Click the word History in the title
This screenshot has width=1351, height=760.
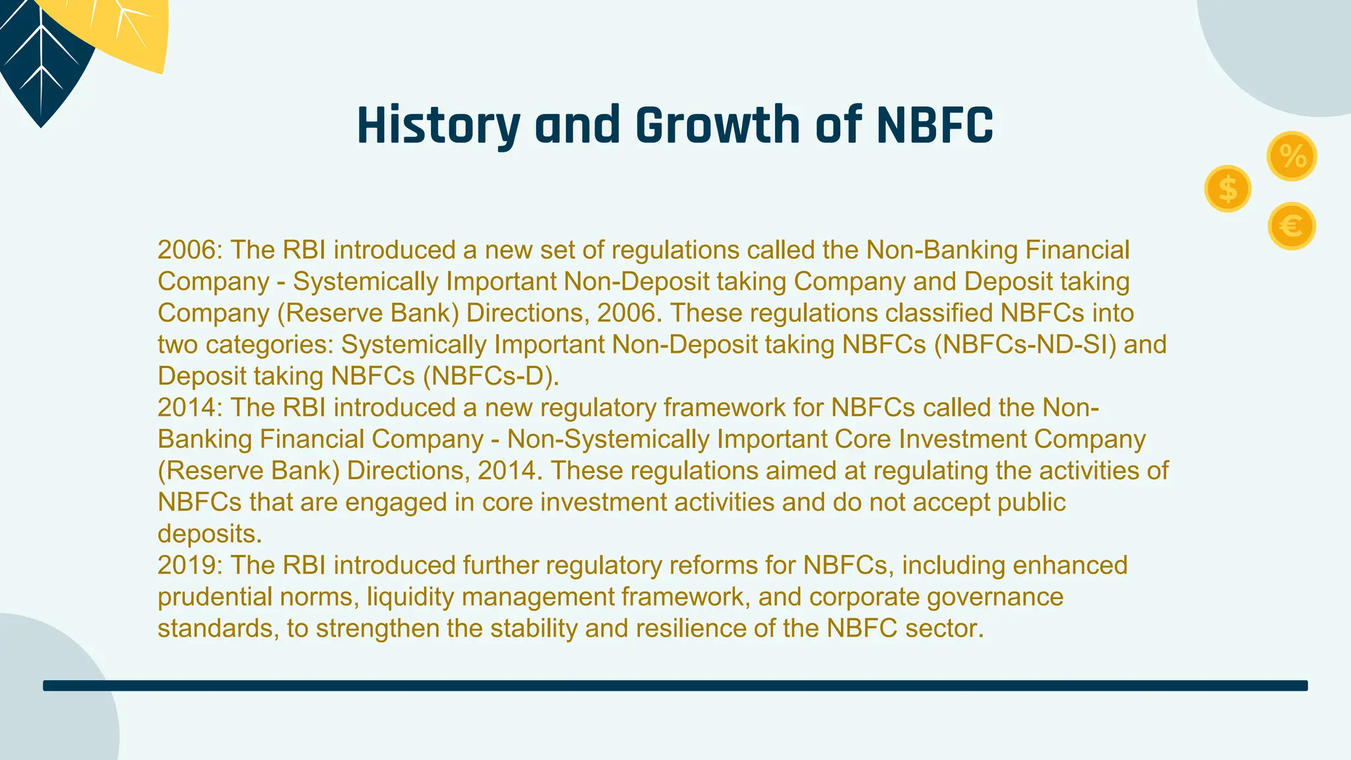pos(438,125)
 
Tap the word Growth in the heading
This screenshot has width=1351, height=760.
pos(718,125)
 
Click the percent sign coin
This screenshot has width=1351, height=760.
pos(1292,156)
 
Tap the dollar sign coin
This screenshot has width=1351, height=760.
pos(1228,189)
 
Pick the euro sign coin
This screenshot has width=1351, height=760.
pos(1292,226)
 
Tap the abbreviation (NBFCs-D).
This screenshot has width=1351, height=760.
pos(491,376)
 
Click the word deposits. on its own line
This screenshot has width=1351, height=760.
pos(210,534)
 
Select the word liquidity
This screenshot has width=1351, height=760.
pos(410,597)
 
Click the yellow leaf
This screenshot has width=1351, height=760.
pos(132,33)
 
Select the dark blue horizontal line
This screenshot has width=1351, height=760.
pos(675,685)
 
